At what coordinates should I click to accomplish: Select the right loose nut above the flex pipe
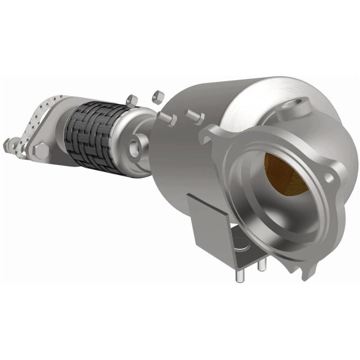pyautogui.click(x=157, y=96)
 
